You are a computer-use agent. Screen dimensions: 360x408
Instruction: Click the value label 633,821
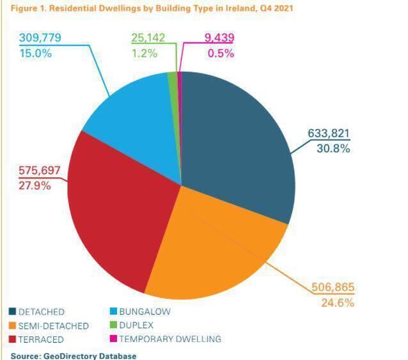pyautogui.click(x=329, y=134)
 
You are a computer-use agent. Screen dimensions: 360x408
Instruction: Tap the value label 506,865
pyautogui.click(x=332, y=288)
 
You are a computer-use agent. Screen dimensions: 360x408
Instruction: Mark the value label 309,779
pyautogui.click(x=40, y=38)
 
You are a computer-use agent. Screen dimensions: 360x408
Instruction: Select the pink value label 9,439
pyautogui.click(x=219, y=38)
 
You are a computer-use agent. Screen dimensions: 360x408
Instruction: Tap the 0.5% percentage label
pyautogui.click(x=221, y=53)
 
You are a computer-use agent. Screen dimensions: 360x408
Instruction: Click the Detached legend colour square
pyautogui.click(x=12, y=311)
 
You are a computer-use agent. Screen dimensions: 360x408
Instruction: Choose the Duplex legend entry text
pyautogui.click(x=139, y=325)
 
